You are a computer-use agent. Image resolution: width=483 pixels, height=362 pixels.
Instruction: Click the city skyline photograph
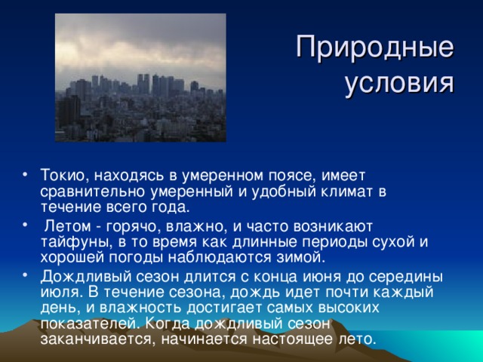point(140,78)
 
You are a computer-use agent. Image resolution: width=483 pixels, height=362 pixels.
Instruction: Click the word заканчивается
point(89,339)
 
